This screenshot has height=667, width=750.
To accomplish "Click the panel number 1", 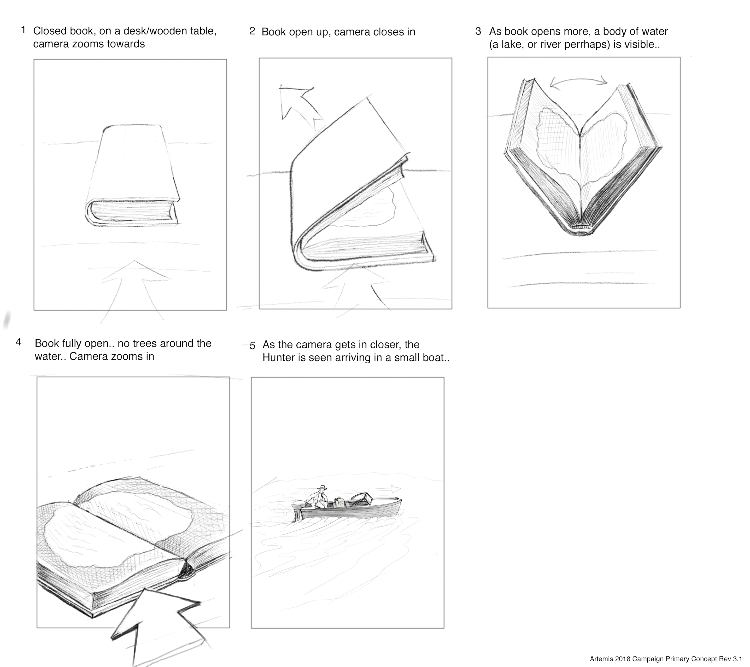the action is coord(24,30).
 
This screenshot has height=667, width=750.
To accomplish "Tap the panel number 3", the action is coord(478,31).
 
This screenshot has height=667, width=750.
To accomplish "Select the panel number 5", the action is coord(253,346).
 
